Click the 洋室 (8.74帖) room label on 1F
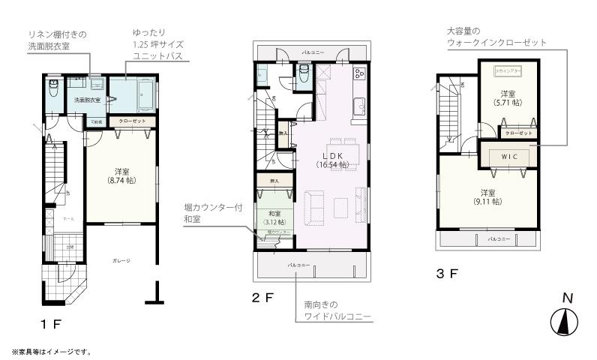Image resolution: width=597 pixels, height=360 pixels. [121, 177]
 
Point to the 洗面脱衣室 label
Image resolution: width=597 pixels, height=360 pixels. [87, 100]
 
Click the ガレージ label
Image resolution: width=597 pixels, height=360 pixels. [121, 260]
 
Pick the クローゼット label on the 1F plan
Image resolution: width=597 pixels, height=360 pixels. [133, 121]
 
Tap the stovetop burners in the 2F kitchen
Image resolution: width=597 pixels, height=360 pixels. [358, 74]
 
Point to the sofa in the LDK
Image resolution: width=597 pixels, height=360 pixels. [313, 205]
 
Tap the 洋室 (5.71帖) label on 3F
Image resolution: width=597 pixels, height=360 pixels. [508, 97]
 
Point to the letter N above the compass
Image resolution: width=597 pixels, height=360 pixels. [568, 298]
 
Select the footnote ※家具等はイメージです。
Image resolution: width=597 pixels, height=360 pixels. [51, 351]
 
